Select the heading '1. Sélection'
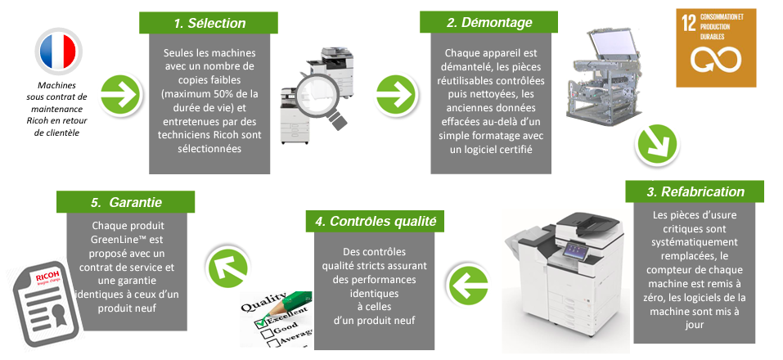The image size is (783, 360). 204,23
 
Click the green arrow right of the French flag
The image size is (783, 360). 116,92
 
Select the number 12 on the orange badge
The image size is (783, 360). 687,22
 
